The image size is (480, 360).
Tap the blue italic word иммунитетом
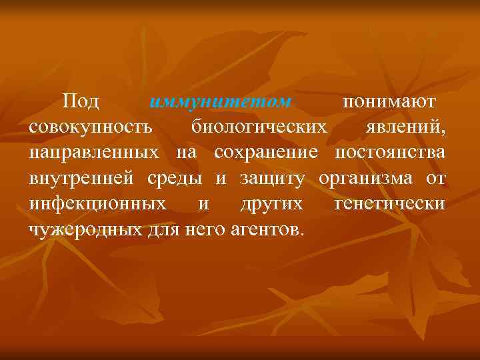point(221,102)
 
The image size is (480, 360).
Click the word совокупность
point(91,127)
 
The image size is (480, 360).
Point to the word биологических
point(260,127)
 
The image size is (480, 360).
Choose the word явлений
point(405,127)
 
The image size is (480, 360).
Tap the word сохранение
point(266,153)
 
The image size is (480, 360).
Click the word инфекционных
point(97,204)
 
